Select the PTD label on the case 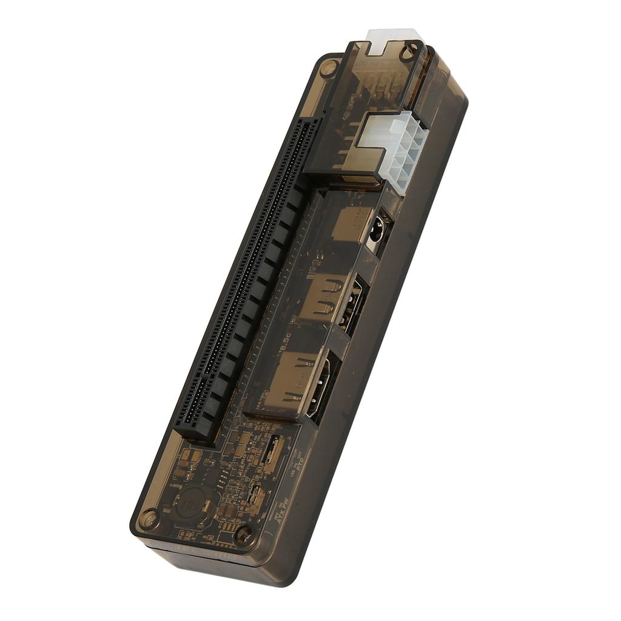pos(298,464)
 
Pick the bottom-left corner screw pos(147,519)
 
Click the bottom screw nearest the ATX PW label pos(244,534)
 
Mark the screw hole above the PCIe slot pos(328,68)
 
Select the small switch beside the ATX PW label pos(257,496)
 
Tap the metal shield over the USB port pos(324,297)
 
